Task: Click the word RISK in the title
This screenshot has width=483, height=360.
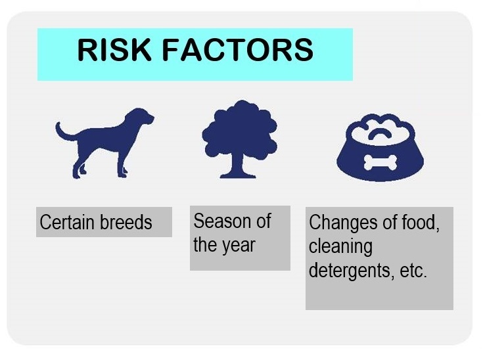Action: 114,49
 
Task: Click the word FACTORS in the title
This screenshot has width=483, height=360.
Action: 238,49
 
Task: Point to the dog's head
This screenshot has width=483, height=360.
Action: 139,117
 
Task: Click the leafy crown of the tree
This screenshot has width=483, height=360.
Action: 240,129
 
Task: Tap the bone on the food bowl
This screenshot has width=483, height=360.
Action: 380,163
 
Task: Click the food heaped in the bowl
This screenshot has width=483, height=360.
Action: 380,129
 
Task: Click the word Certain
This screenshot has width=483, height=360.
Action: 67,222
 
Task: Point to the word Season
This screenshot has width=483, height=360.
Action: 219,221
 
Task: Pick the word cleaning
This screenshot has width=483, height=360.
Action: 340,247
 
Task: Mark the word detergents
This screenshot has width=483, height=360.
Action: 352,271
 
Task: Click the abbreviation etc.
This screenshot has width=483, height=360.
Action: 413,271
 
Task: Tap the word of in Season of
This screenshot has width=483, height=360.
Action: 262,221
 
